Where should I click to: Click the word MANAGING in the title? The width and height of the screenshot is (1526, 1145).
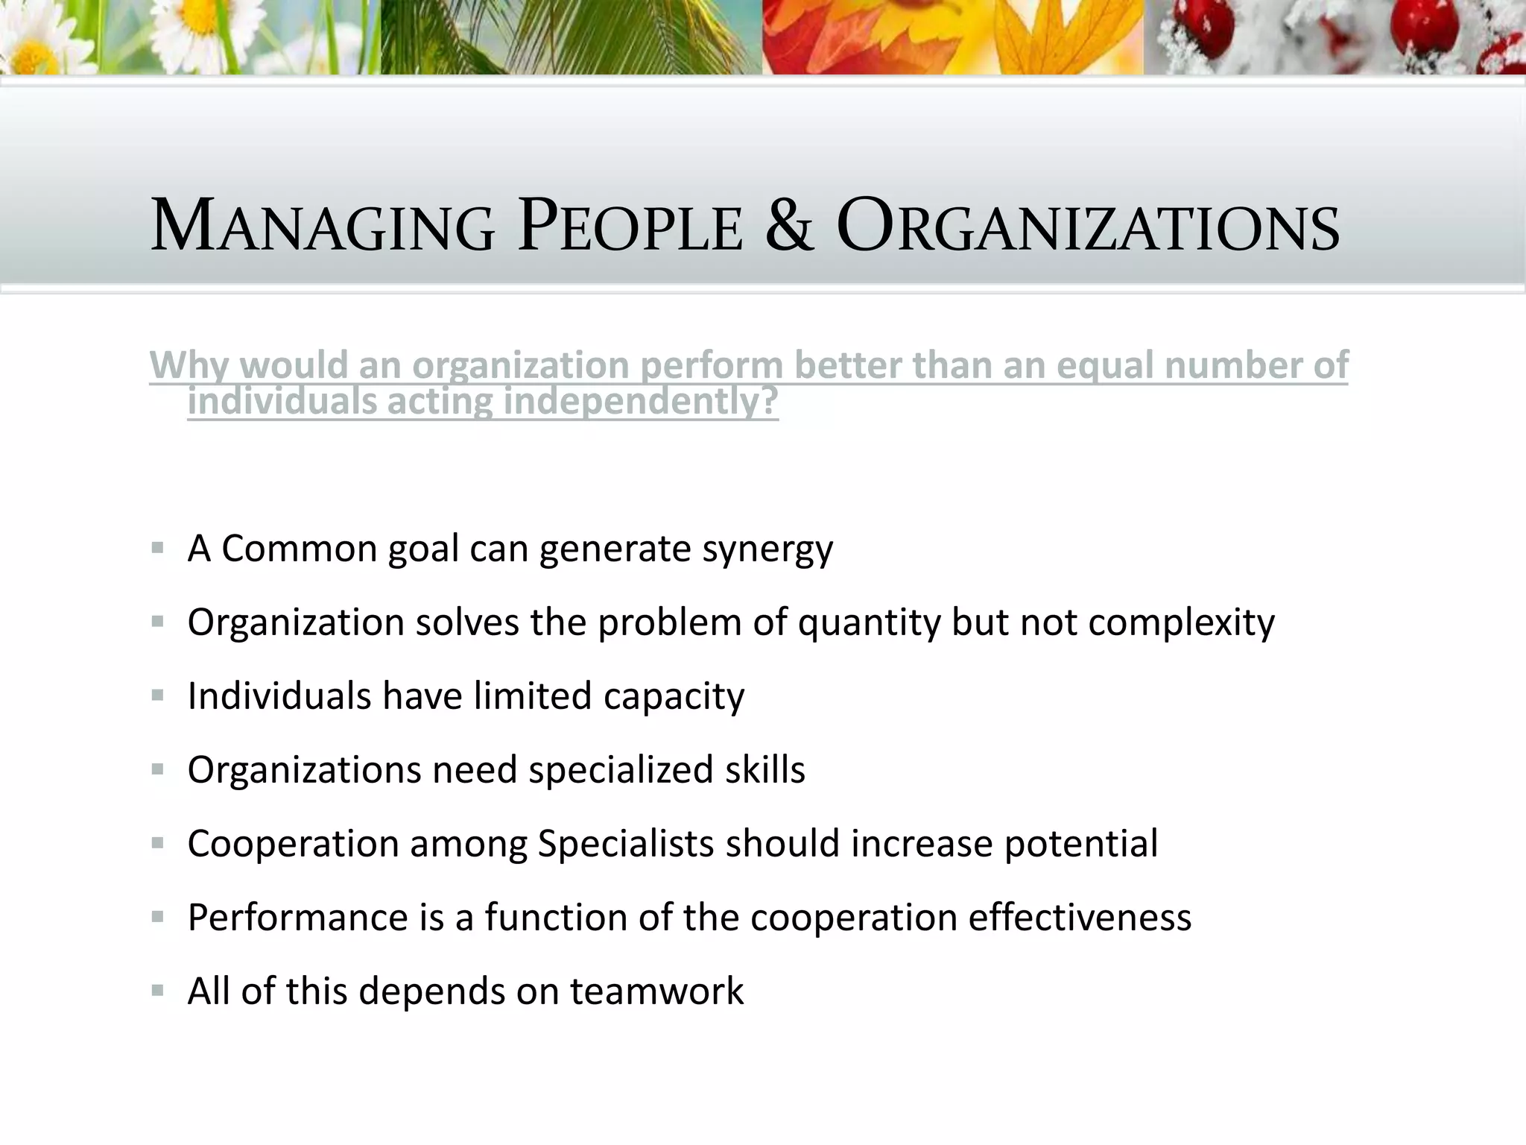(x=323, y=226)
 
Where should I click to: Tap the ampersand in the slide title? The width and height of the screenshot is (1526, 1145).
(x=789, y=226)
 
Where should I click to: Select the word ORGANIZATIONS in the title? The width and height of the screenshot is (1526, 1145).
(x=1088, y=226)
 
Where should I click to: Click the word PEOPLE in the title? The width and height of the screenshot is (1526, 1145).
(x=630, y=226)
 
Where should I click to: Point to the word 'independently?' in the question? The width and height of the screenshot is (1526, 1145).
(x=641, y=403)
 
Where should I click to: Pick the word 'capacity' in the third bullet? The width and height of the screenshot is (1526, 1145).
(x=674, y=697)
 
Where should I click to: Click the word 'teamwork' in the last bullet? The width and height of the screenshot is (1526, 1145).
(x=657, y=991)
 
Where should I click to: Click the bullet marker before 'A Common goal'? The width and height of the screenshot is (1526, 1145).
(x=157, y=549)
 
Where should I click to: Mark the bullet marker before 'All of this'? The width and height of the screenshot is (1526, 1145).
(x=157, y=991)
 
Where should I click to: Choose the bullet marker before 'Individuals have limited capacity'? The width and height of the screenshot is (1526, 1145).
(x=157, y=695)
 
